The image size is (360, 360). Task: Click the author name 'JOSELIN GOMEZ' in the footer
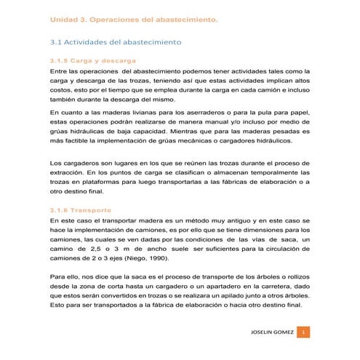point(271,332)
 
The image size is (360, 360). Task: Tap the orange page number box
point(305,332)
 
